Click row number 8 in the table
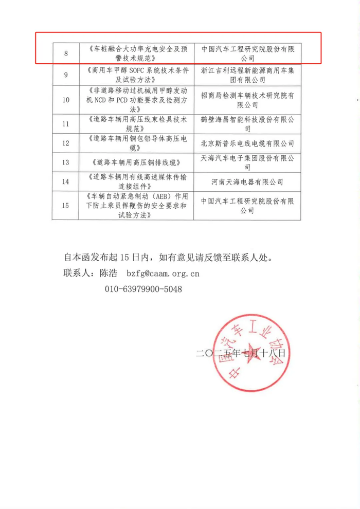[66, 53]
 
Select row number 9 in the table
[66, 75]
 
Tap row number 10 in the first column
[66, 100]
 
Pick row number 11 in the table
[66, 124]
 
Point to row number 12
[66, 143]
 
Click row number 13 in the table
[66, 162]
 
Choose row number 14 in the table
[66, 181]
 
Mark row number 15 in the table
[66, 206]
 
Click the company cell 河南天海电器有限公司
[247, 181]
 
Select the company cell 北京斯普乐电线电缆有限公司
[247, 143]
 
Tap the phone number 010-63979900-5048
[143, 289]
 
